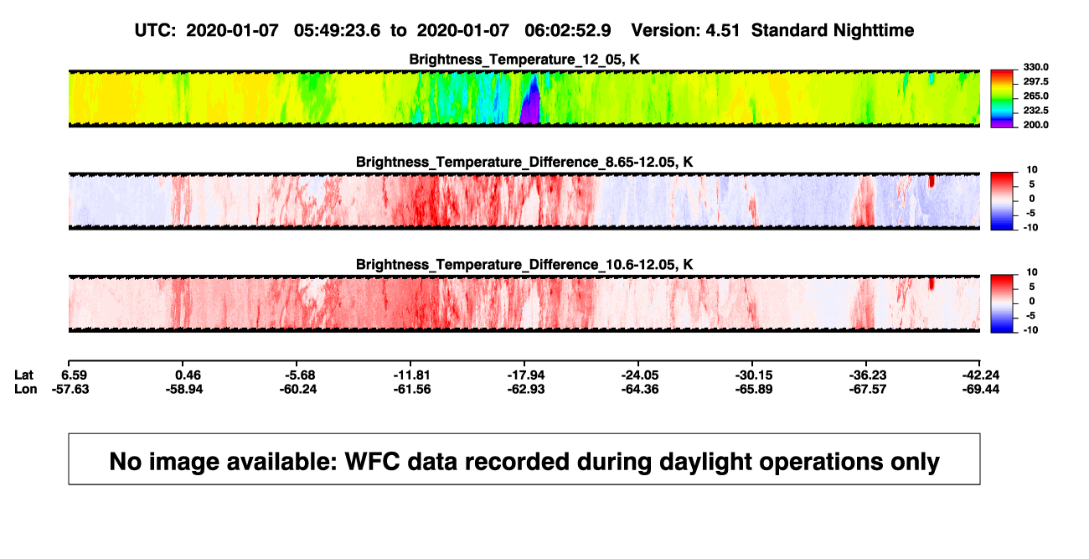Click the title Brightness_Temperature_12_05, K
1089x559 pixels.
click(524, 60)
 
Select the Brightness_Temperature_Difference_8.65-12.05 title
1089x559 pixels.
click(524, 162)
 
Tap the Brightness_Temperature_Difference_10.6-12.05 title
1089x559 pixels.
click(524, 265)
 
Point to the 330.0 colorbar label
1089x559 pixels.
click(1035, 67)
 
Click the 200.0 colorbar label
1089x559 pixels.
click(1035, 125)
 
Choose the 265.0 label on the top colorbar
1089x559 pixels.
click(1035, 96)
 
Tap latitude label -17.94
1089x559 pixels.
click(526, 375)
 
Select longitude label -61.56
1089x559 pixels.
click(412, 389)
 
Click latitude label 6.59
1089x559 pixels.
click(74, 375)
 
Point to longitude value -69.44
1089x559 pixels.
click(981, 389)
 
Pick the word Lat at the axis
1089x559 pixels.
click(23, 375)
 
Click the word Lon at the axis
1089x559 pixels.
click(26, 389)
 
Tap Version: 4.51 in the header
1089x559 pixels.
click(685, 31)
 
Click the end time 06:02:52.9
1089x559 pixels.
click(567, 31)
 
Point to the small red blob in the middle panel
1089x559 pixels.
click(932, 181)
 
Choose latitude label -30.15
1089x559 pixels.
click(754, 375)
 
